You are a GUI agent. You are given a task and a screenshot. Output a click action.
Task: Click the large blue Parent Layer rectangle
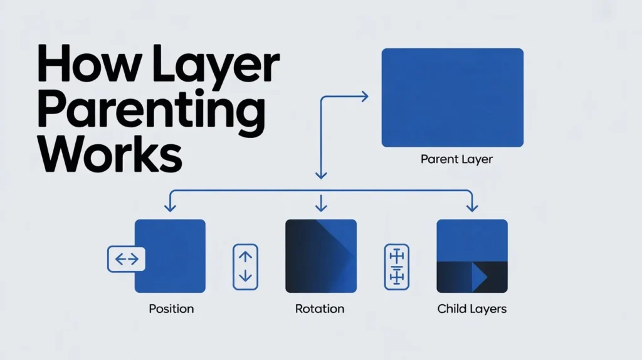(x=452, y=97)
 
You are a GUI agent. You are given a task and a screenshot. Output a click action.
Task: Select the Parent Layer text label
(x=456, y=159)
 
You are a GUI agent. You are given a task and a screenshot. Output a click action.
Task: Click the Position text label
(x=171, y=309)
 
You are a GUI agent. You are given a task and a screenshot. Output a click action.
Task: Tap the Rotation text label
(x=320, y=309)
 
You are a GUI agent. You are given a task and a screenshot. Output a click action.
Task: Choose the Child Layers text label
(x=472, y=309)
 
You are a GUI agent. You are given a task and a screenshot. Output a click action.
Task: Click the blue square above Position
(x=170, y=255)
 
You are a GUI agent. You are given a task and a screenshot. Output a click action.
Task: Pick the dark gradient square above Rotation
(x=320, y=255)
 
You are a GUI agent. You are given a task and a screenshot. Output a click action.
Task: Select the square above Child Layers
(x=472, y=255)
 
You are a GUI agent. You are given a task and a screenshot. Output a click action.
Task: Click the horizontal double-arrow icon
(x=127, y=259)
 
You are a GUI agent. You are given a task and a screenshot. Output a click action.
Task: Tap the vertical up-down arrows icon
(x=245, y=267)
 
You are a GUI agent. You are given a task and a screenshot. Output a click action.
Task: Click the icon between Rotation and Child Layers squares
(x=396, y=267)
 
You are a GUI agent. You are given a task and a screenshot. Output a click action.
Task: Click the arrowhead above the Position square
(x=168, y=206)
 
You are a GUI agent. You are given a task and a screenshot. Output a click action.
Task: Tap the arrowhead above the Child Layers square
(x=472, y=206)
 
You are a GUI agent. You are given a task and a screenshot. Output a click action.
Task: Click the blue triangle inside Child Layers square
(x=480, y=277)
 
